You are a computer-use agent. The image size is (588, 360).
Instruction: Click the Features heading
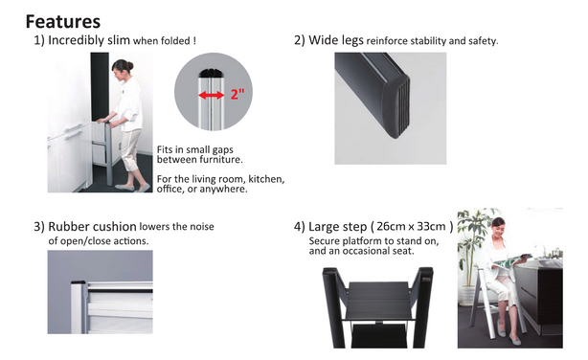click(63, 21)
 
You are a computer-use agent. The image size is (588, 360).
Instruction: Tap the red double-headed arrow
click(211, 95)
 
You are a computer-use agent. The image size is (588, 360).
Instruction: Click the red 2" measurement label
click(237, 93)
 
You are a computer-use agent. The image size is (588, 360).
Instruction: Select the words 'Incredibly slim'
click(89, 40)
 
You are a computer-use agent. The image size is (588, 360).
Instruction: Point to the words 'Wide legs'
click(335, 40)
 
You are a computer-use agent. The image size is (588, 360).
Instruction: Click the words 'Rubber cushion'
click(92, 227)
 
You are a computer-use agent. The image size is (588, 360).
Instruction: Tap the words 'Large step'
click(337, 227)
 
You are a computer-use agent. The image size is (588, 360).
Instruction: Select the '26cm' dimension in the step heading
click(391, 227)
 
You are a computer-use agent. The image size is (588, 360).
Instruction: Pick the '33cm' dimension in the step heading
click(431, 227)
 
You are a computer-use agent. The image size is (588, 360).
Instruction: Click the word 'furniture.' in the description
click(221, 159)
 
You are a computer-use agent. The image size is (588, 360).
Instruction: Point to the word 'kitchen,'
click(266, 179)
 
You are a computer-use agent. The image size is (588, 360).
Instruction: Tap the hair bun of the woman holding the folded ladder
click(129, 66)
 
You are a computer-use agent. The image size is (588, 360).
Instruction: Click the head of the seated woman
click(498, 226)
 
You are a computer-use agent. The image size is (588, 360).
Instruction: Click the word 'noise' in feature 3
click(202, 227)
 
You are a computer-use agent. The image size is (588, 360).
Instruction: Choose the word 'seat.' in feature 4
click(403, 251)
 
